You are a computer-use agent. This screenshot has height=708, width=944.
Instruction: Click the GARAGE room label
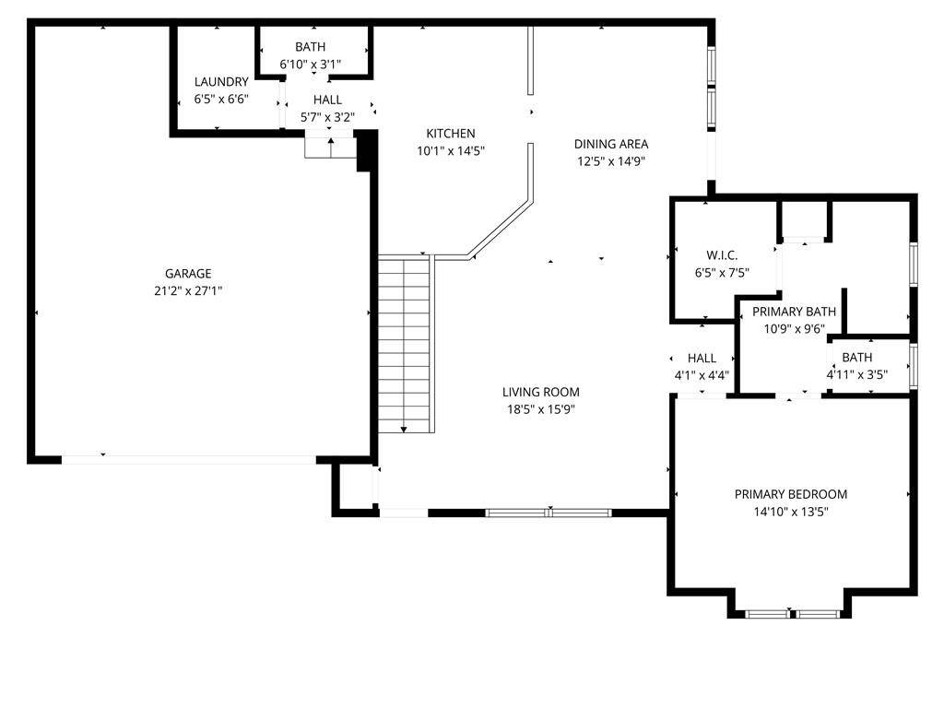tap(188, 273)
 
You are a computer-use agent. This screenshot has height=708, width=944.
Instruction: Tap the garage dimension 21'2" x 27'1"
tap(188, 290)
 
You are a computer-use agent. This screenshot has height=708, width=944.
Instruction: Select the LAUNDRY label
tap(221, 82)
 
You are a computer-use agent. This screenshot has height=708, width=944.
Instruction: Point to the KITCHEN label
tap(450, 133)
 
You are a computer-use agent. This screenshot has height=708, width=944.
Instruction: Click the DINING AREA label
tap(611, 144)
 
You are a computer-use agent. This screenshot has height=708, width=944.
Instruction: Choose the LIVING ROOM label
tap(540, 392)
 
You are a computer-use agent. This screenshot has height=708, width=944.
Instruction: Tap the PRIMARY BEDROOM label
tap(790, 494)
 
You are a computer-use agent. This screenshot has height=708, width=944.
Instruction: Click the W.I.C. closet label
tap(722, 255)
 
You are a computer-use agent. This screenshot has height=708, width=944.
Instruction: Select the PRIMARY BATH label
tap(794, 312)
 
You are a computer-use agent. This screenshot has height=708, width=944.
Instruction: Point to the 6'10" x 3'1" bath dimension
tap(310, 64)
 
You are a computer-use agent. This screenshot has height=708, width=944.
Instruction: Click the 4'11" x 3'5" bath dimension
tap(856, 374)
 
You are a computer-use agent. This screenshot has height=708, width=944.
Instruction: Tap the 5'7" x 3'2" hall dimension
tap(327, 117)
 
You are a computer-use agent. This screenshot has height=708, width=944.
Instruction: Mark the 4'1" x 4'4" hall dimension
tap(702, 375)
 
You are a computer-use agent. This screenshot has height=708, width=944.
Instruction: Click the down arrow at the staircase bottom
tap(404, 430)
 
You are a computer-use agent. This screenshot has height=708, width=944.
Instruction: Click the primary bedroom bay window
tap(792, 614)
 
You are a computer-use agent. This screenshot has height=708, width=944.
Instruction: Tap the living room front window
tap(549, 513)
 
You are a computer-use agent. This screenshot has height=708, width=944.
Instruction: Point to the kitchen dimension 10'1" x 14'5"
tap(450, 150)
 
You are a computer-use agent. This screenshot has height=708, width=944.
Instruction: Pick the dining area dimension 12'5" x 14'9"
tap(611, 161)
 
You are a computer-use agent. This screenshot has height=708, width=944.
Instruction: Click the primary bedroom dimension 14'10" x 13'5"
tap(790, 513)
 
